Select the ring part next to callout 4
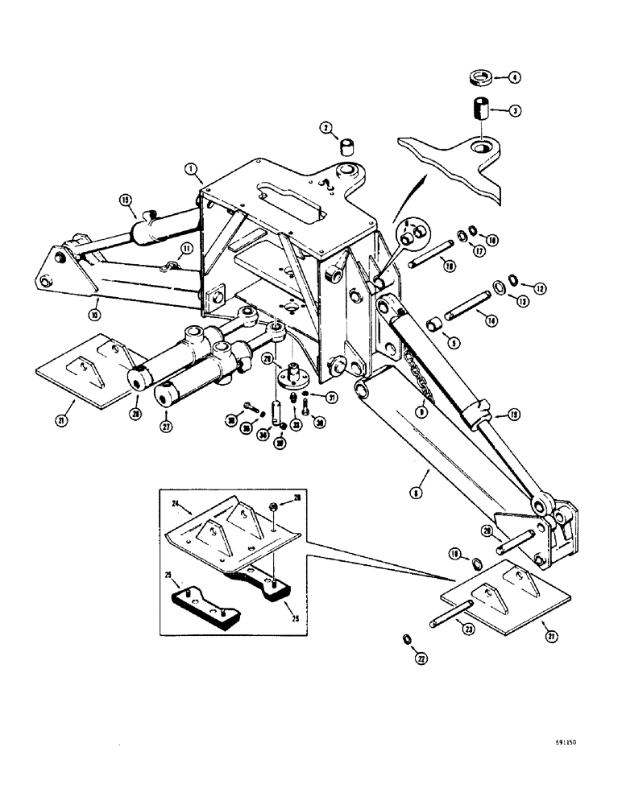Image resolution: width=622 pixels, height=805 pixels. (481, 78)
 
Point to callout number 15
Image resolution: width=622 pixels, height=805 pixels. (126, 200)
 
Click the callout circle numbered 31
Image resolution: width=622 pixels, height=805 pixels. (330, 396)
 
